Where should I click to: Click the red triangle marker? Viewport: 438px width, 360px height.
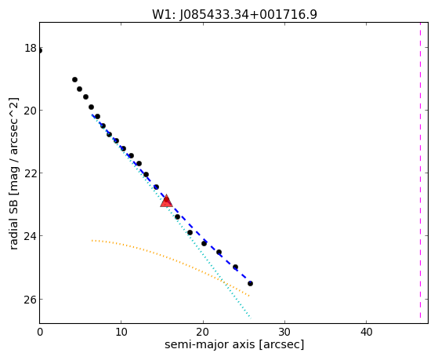pyautogui.click(x=166, y=201)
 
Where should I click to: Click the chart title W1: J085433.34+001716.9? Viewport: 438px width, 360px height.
pyautogui.click(x=234, y=14)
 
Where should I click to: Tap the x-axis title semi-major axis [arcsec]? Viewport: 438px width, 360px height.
pyautogui.click(x=234, y=344)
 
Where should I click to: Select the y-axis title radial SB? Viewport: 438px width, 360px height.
pyautogui.click(x=13, y=221)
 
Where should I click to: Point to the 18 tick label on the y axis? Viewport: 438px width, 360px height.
pyautogui.click(x=31, y=48)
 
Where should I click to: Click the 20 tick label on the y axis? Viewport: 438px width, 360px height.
pyautogui.click(x=31, y=111)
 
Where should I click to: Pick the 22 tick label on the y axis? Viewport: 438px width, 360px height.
pyautogui.click(x=31, y=173)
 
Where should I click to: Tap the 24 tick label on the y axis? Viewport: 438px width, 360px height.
pyautogui.click(x=31, y=236)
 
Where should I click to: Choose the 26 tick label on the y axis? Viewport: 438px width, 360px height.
pyautogui.click(x=31, y=300)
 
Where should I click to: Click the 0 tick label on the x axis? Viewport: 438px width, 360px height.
pyautogui.click(x=40, y=333)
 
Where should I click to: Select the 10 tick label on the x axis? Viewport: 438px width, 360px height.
pyautogui.click(x=121, y=333)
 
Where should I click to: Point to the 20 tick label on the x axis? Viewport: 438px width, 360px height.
pyautogui.click(x=203, y=333)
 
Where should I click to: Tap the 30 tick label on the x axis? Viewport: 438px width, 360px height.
pyautogui.click(x=284, y=333)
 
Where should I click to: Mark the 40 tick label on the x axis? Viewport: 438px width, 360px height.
pyautogui.click(x=366, y=333)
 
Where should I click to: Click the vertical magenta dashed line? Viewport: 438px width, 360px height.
pyautogui.click(x=420, y=170)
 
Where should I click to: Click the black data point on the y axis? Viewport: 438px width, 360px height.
pyautogui.click(x=40, y=51)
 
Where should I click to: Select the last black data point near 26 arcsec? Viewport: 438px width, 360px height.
pyautogui.click(x=250, y=284)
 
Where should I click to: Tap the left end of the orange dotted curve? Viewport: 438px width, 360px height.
pyautogui.click(x=92, y=240)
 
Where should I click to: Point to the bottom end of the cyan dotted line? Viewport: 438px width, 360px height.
pyautogui.click(x=251, y=318)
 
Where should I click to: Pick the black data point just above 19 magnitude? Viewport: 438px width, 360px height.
pyautogui.click(x=74, y=80)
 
